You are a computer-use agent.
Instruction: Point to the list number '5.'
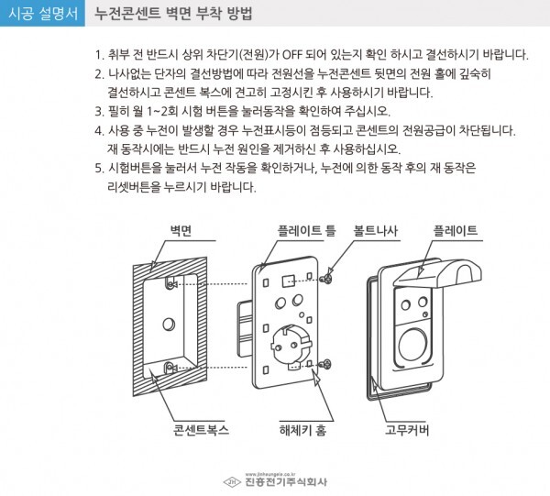[x=99, y=168]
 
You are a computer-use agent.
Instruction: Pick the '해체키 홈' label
[x=303, y=428]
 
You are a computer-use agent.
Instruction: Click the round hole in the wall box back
[x=167, y=323]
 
